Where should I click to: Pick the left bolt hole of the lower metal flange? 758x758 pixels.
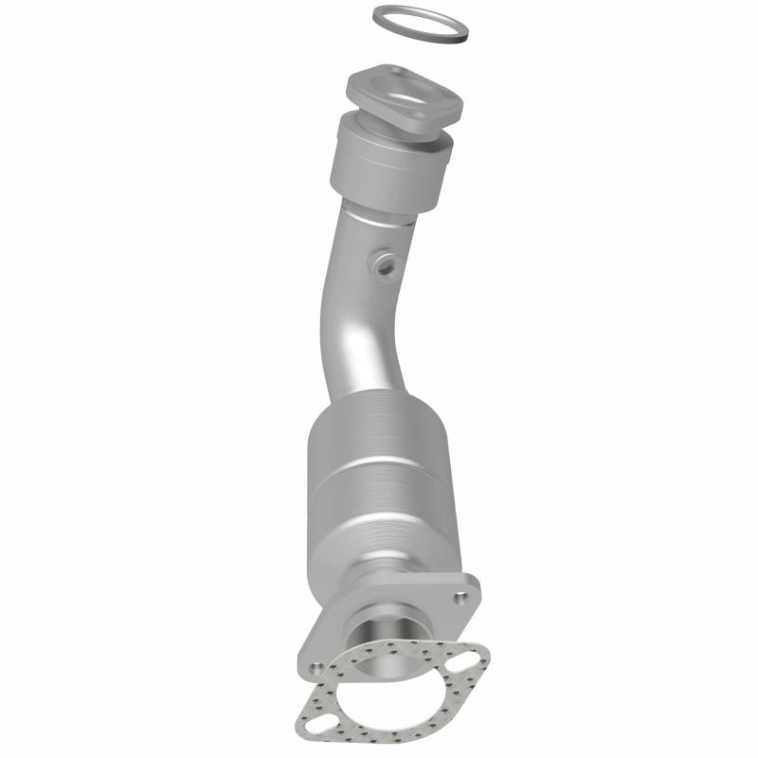(305, 656)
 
